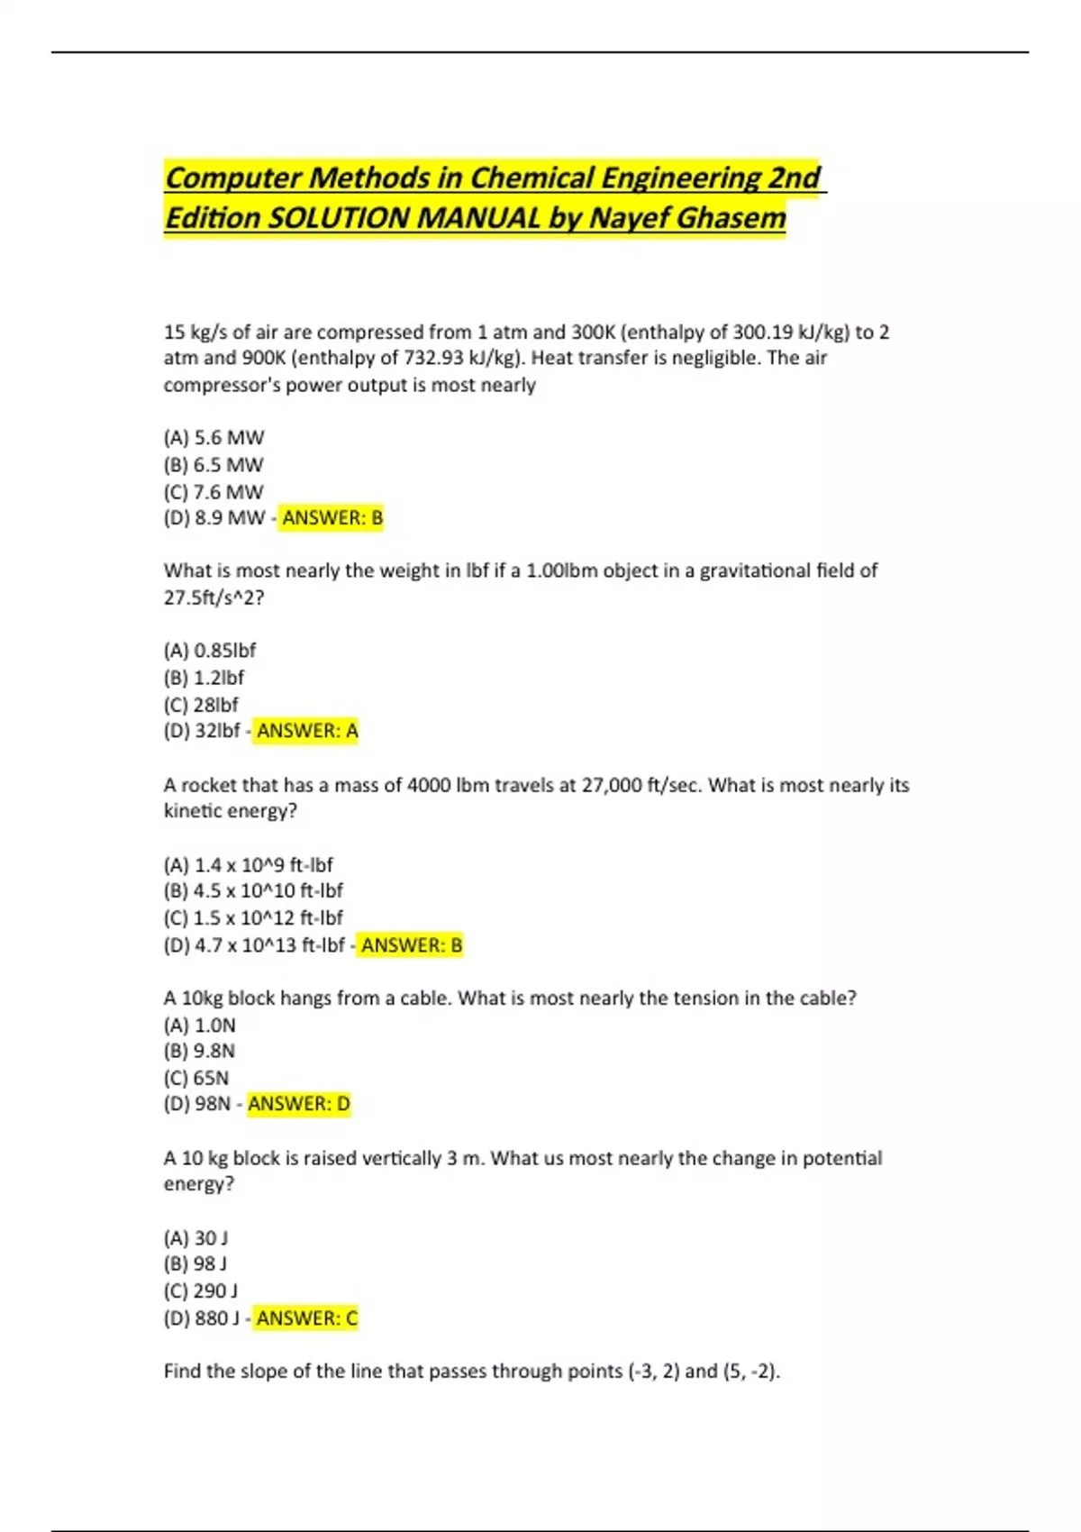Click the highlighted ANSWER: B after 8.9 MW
(x=332, y=518)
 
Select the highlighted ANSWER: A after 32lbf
(x=306, y=731)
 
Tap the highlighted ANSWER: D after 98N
(x=298, y=1104)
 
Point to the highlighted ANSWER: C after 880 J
(x=306, y=1318)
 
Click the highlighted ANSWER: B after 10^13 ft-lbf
(x=411, y=945)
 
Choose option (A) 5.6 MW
(x=213, y=438)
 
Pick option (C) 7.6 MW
(x=213, y=492)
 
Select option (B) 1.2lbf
(x=204, y=678)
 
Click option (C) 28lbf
(x=201, y=705)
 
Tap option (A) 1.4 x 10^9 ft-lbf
(x=248, y=865)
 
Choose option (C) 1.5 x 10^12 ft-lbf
(x=253, y=918)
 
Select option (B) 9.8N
(x=199, y=1051)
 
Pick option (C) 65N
(x=196, y=1078)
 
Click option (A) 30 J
(x=195, y=1238)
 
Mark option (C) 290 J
(x=201, y=1291)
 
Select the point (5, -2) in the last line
(x=750, y=1372)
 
